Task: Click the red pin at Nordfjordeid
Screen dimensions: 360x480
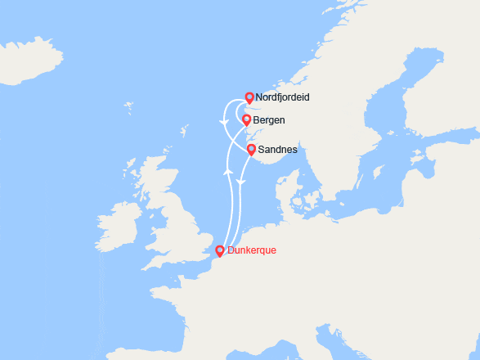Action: [x=249, y=97]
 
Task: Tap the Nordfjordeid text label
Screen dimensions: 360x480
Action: [x=283, y=97]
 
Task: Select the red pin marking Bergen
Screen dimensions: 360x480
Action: [x=246, y=119]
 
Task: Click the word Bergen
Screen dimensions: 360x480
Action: [x=269, y=120]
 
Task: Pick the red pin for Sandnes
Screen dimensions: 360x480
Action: [x=251, y=149]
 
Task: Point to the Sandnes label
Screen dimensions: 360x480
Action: [x=276, y=151]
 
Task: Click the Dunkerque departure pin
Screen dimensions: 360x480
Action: [x=219, y=250]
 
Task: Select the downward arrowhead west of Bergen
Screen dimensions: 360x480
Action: [x=222, y=124]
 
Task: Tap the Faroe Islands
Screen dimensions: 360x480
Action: [x=128, y=106]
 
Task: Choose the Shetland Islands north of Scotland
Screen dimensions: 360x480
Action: [x=185, y=130]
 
